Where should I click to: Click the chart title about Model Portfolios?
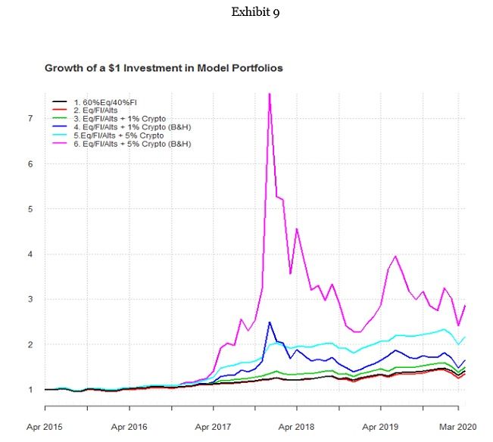tap(164, 68)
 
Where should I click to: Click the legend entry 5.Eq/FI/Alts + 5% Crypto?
tap(122, 135)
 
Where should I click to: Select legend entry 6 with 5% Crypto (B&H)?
tap(134, 143)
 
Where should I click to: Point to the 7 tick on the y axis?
tap(30, 118)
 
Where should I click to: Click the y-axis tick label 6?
tap(30, 163)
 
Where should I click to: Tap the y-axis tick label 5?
tap(30, 209)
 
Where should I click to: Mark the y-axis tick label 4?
tap(30, 254)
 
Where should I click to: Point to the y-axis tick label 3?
tap(30, 299)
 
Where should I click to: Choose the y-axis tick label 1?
tap(30, 390)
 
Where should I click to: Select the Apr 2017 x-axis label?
tap(214, 427)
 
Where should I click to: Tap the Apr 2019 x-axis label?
tap(381, 427)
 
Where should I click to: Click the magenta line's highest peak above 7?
tap(270, 94)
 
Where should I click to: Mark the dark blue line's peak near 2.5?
tap(270, 322)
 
